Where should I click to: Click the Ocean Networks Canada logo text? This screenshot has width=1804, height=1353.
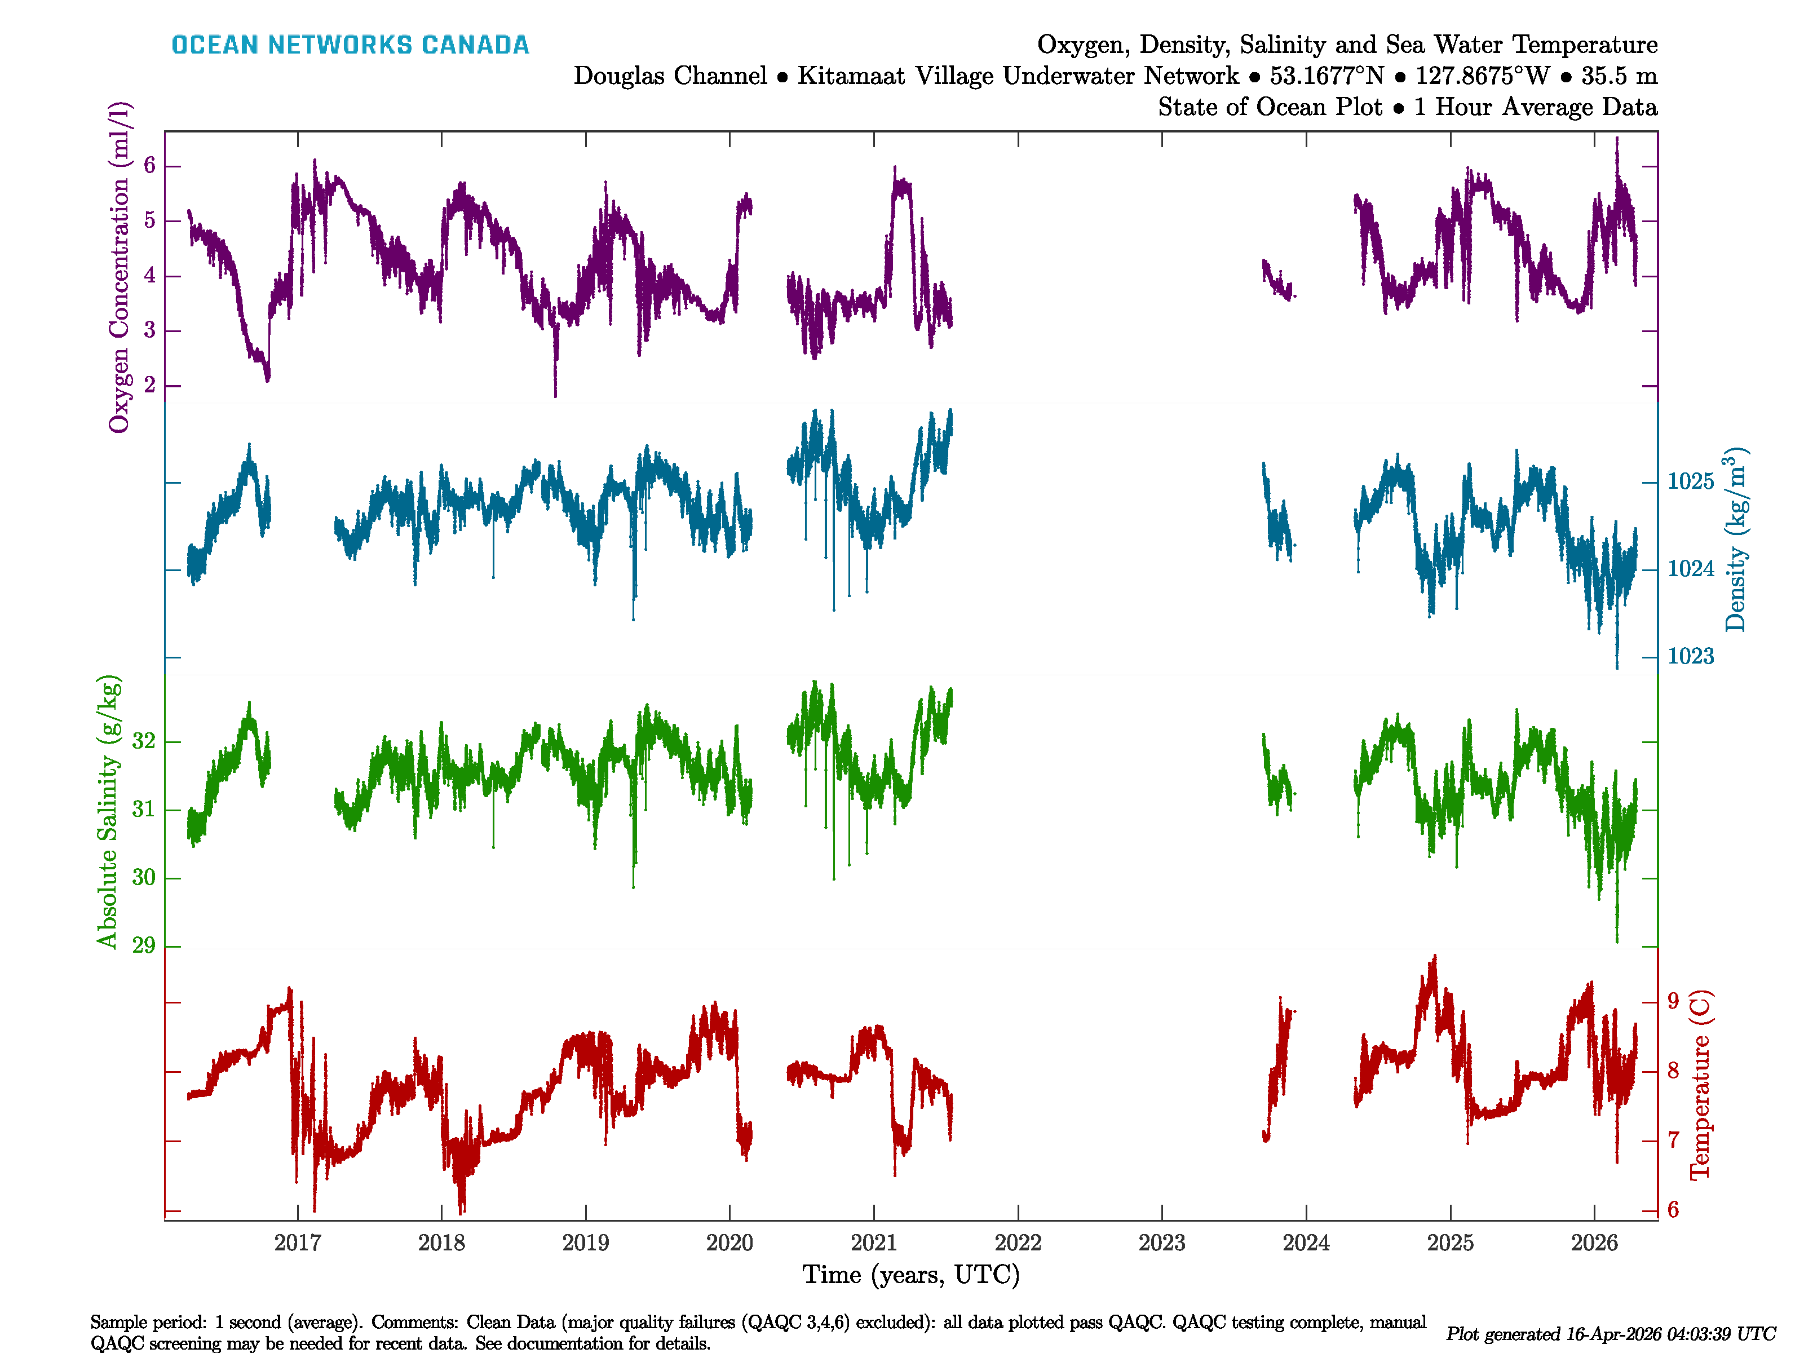point(350,45)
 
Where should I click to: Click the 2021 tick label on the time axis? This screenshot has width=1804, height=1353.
point(873,1243)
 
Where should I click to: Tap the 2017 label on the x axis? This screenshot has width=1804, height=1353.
point(298,1243)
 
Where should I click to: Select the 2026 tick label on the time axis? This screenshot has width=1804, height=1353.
point(1594,1243)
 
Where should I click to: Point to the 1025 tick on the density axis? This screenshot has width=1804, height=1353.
point(1691,482)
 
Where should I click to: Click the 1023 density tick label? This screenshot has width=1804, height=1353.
point(1691,657)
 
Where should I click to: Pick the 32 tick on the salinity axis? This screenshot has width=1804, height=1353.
point(144,741)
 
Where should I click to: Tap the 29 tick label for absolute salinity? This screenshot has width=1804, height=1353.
point(144,946)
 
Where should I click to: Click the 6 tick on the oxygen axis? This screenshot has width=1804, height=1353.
point(149,166)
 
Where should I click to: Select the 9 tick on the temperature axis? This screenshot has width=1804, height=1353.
point(1673,1001)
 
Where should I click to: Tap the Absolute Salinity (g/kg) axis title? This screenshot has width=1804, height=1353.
point(108,811)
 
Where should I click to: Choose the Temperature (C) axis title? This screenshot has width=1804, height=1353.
point(1700,1085)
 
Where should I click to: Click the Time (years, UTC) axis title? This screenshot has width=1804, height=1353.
point(911,1275)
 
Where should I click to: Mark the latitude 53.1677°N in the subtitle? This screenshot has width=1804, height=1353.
point(1327,76)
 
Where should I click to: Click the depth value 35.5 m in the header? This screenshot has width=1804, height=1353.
point(1619,76)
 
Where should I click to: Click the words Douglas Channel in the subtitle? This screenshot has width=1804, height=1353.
point(670,76)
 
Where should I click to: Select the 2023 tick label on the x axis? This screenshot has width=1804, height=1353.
point(1161,1243)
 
